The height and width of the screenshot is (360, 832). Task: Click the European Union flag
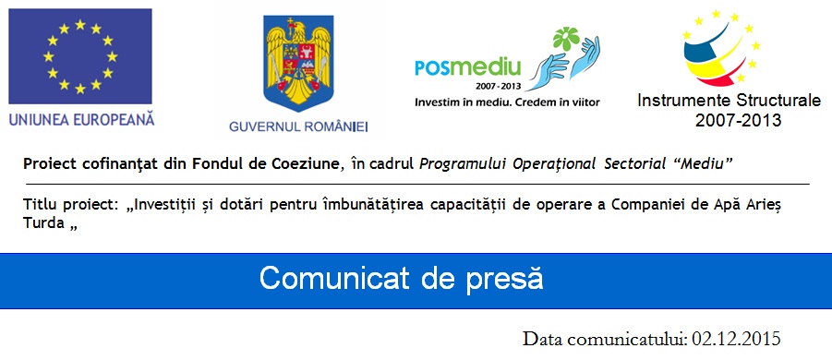point(80,58)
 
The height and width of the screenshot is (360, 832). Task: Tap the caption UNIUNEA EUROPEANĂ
point(80,119)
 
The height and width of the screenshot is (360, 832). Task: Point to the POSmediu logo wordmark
point(468,66)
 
